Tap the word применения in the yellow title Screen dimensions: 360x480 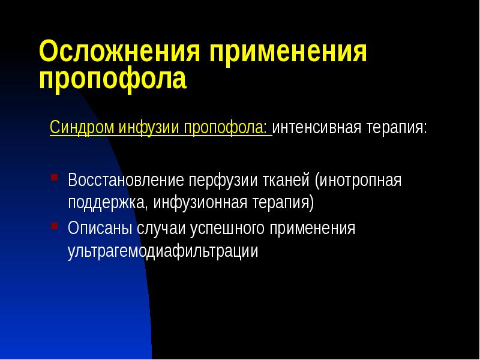[287, 53]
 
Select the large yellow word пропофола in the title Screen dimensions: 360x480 [113, 80]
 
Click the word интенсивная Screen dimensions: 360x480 [316, 128]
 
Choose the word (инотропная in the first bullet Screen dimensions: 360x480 [360, 180]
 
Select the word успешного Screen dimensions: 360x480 [227, 229]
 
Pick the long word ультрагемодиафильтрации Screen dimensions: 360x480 [163, 251]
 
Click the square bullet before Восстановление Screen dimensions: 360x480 [54, 178]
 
